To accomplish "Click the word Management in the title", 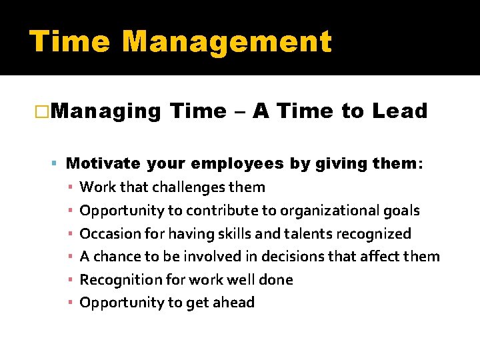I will point(227,42).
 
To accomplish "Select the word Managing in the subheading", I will point(105,111).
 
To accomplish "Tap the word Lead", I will point(400,111).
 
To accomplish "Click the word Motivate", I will point(103,163).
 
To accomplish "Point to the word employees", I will point(237,164).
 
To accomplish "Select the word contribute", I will point(221,211).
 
